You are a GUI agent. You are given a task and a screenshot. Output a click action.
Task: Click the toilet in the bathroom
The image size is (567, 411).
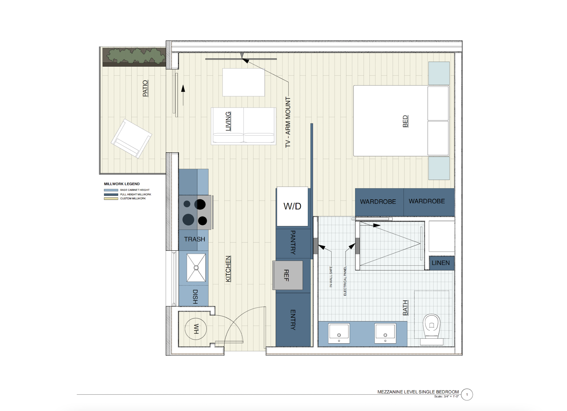pyautogui.click(x=432, y=329)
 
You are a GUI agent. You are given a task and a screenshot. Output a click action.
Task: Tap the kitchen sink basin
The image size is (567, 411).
pyautogui.click(x=196, y=268)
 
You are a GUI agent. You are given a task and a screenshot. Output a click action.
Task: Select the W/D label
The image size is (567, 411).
pyautogui.click(x=292, y=206)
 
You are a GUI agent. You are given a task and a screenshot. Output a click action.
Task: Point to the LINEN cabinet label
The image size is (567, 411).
pyautogui.click(x=441, y=263)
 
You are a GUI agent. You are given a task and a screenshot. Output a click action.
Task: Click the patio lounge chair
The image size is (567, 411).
pyautogui.click(x=131, y=138)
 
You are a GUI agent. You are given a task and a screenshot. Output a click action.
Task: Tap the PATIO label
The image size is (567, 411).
pyautogui.click(x=145, y=88)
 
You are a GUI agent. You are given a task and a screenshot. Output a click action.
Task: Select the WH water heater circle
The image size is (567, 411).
pyautogui.click(x=196, y=329)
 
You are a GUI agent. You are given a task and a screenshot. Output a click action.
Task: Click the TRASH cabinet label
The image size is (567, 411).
pyautogui.click(x=195, y=239)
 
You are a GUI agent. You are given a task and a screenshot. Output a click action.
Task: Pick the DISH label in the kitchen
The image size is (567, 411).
pyautogui.click(x=195, y=297)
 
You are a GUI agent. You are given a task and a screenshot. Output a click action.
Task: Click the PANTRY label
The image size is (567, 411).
pyautogui.click(x=293, y=243)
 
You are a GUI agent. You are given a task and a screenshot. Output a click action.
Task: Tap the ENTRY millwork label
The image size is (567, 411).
pyautogui.click(x=293, y=320)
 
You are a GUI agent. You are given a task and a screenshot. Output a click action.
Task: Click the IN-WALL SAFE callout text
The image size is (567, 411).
pyautogui.click(x=331, y=277)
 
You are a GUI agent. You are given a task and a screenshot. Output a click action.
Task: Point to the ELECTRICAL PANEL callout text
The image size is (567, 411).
pyautogui.click(x=345, y=281)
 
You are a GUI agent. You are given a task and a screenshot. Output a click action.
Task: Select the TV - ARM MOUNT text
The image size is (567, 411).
pyautogui.click(x=288, y=122)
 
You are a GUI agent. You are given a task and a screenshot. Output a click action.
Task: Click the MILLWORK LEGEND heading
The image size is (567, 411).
pyautogui.click(x=122, y=184)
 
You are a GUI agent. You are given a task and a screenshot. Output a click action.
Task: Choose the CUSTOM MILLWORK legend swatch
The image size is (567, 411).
pyautogui.click(x=111, y=199)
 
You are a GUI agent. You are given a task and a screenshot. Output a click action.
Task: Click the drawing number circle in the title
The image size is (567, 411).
pyautogui.click(x=467, y=395)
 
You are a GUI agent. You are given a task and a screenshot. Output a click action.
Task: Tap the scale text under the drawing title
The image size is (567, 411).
pyautogui.click(x=446, y=397)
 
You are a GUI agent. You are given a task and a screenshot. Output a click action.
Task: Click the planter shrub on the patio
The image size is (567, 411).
pyautogui.click(x=136, y=55)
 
